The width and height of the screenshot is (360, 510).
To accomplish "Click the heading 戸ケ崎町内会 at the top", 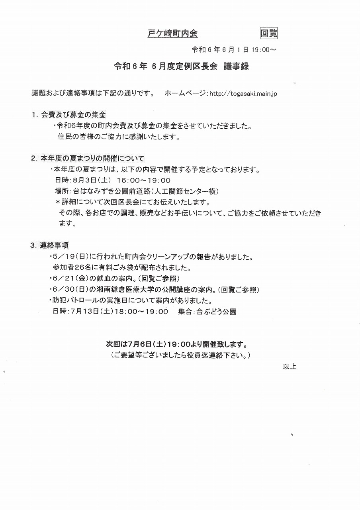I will click(172, 34).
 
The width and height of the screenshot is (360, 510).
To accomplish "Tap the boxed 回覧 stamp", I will click(268, 33).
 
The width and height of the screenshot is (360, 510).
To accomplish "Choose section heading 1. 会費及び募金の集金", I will click(68, 115).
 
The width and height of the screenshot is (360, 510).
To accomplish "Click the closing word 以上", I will click(290, 367).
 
